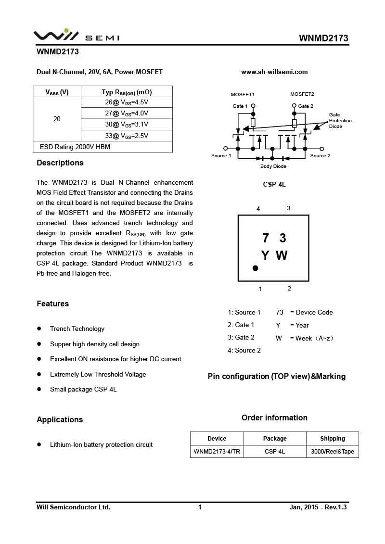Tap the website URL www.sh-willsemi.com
pos(274,72)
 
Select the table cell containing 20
pos(57,119)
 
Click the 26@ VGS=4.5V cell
pos(127,102)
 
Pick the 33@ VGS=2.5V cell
pos(127,136)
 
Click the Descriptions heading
pos(60,163)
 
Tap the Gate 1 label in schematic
pos(240,106)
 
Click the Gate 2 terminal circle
pos(294,106)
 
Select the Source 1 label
pos(221,156)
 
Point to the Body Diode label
pos(273,166)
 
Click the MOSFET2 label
pos(302,94)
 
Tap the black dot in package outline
pos(255,268)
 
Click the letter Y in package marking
pos(265,255)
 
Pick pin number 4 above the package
pos(258,209)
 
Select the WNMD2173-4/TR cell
pos(217,452)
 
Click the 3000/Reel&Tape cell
pos(332,452)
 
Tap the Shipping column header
pos(332,439)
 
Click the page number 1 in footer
pos(200,507)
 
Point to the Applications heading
pos(60,419)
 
